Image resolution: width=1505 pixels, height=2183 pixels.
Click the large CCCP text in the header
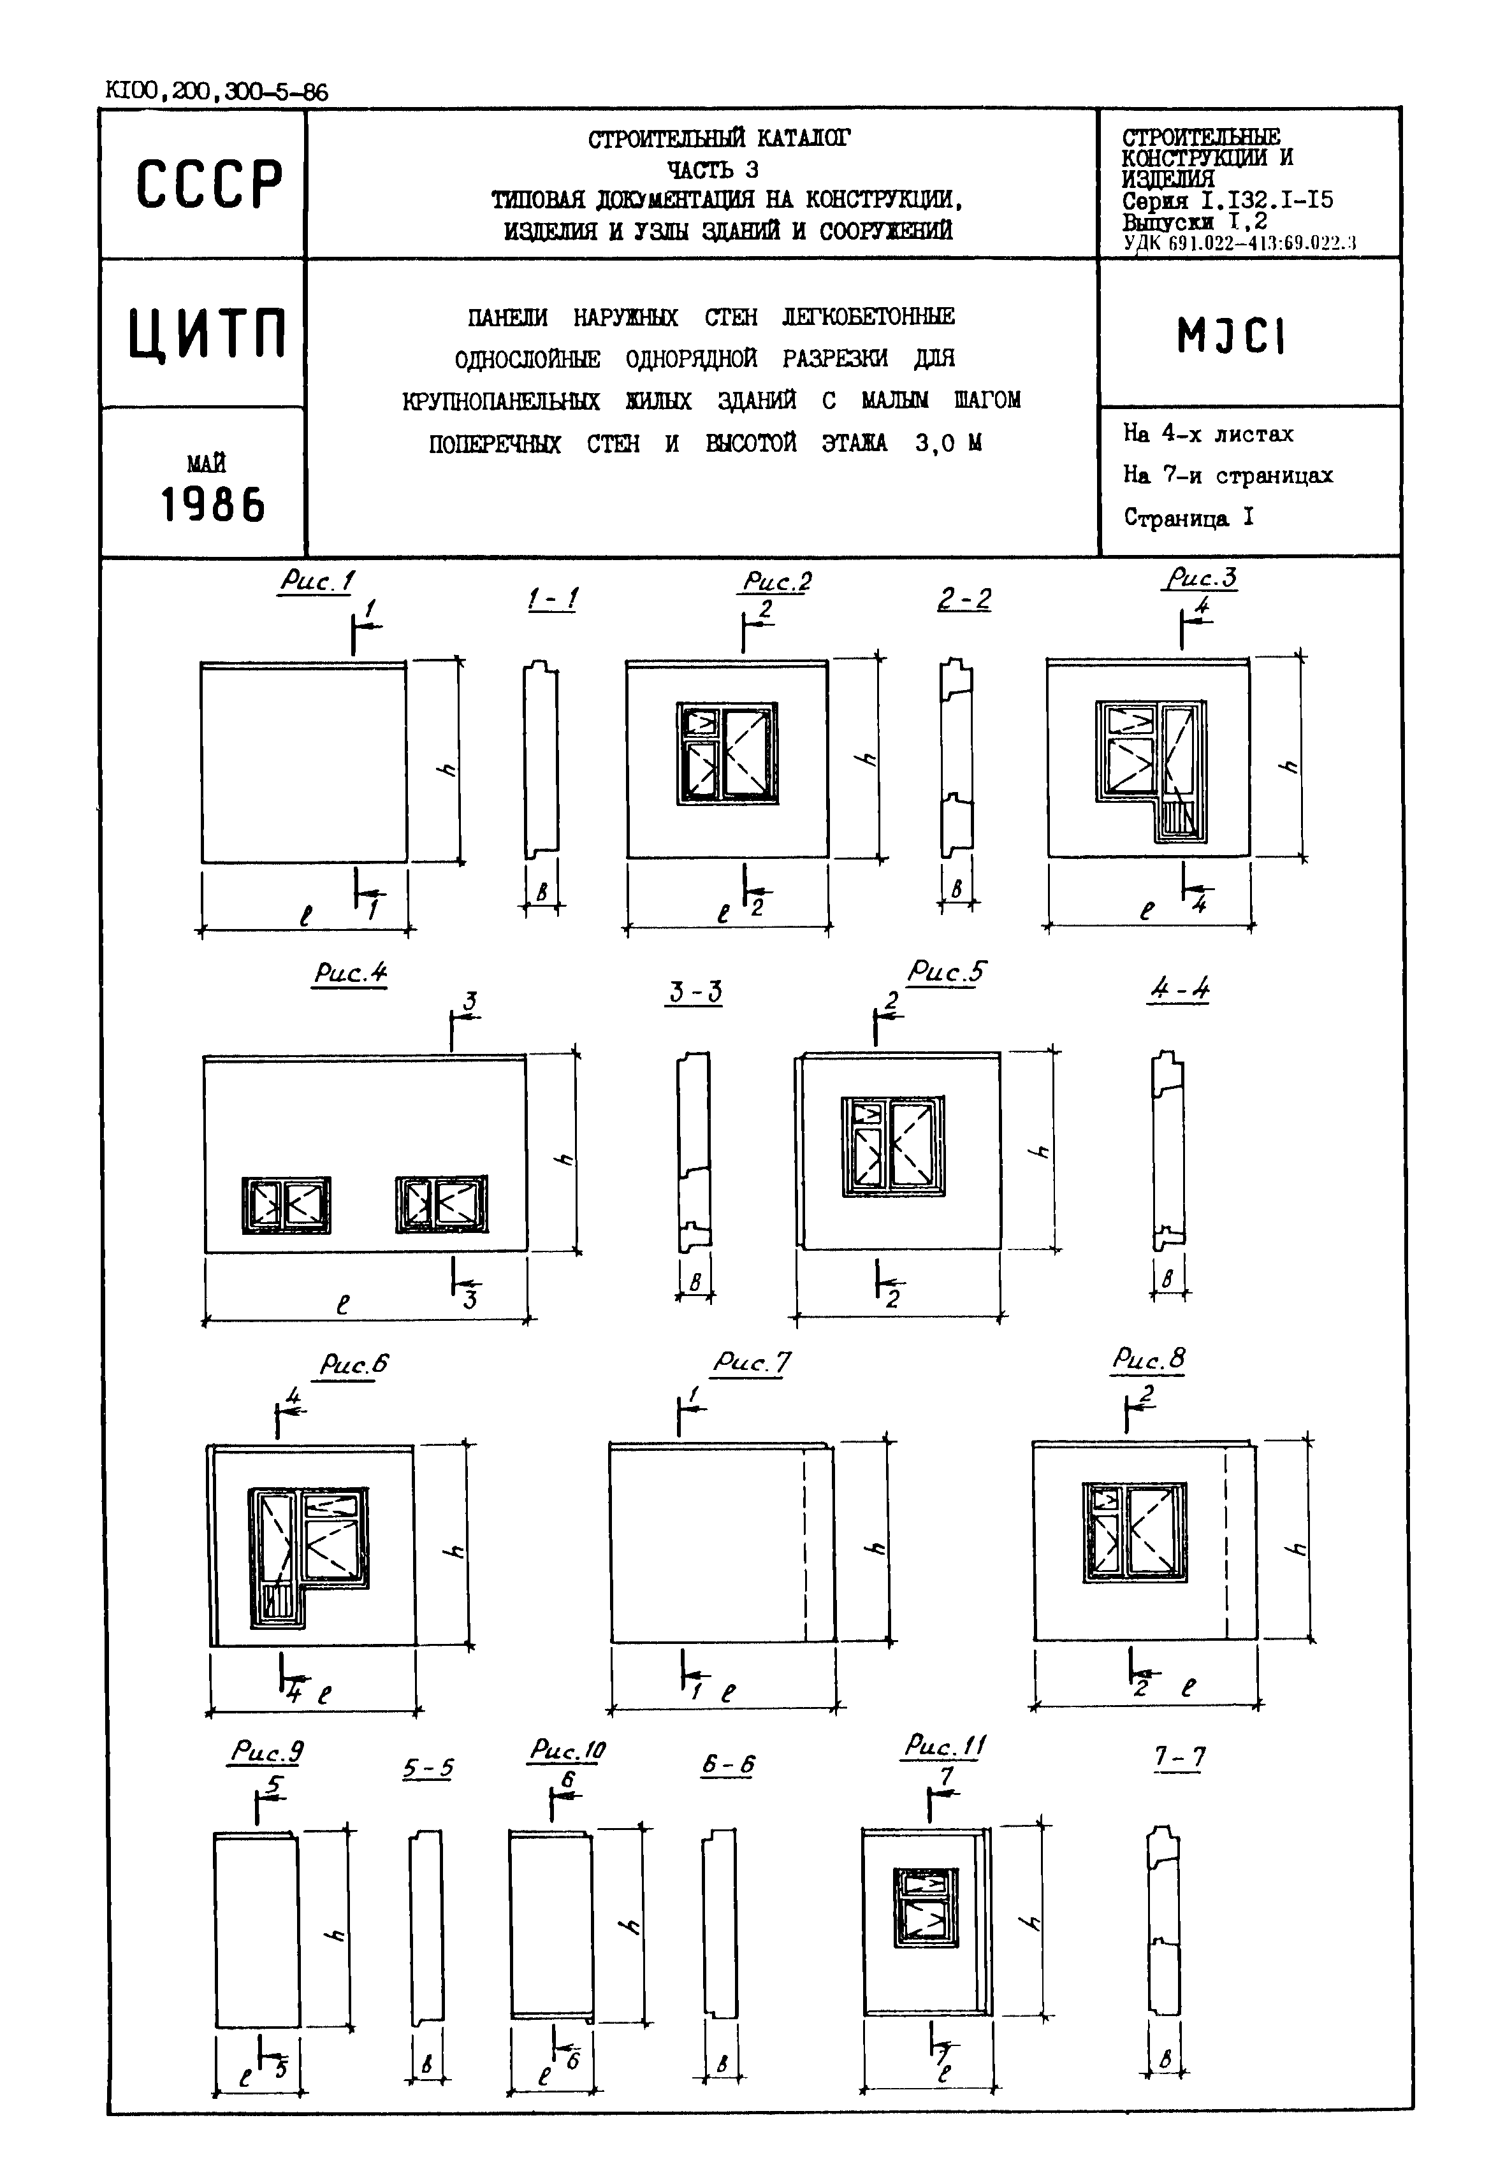209,184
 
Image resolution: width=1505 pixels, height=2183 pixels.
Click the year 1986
213,505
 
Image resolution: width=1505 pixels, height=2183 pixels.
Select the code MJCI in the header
1231,336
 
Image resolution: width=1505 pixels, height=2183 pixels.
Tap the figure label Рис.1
317,582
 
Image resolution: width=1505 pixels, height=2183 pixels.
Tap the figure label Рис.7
751,1362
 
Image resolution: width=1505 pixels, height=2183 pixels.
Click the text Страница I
1188,517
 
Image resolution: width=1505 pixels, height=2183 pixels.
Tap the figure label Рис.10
567,1750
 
